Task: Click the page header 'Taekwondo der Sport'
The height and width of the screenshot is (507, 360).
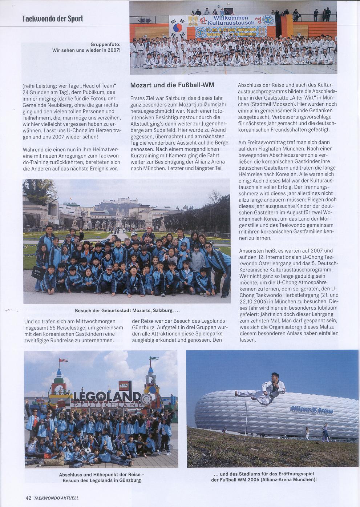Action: click(x=52, y=19)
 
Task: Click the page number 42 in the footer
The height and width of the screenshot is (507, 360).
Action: click(x=28, y=498)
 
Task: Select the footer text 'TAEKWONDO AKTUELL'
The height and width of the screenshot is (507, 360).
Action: click(x=56, y=498)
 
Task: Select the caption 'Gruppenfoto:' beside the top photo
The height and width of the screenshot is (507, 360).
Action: click(x=105, y=44)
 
